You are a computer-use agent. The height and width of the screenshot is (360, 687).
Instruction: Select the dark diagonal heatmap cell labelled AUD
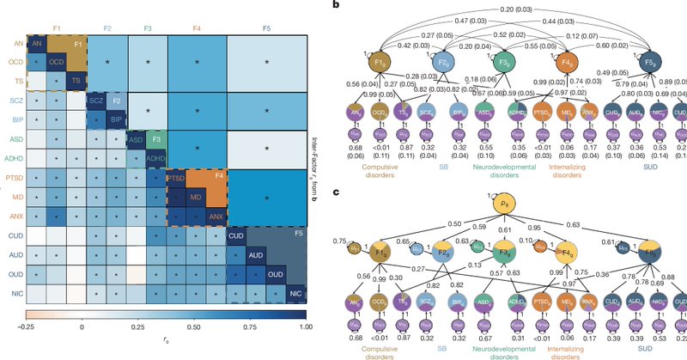click(x=255, y=256)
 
